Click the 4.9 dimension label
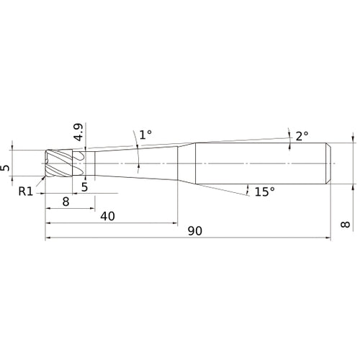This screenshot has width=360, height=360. click(x=78, y=132)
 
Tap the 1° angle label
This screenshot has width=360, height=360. click(x=145, y=135)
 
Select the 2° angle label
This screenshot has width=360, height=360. click(x=302, y=136)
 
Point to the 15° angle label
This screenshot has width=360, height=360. click(x=264, y=192)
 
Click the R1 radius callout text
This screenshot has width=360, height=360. click(x=26, y=192)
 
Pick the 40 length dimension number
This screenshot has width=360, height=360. click(x=107, y=216)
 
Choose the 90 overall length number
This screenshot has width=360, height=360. click(x=195, y=231)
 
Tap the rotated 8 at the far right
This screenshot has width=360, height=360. click(x=346, y=225)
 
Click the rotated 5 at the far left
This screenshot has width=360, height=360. click(x=6, y=168)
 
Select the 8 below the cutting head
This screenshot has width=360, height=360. click(x=66, y=202)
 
